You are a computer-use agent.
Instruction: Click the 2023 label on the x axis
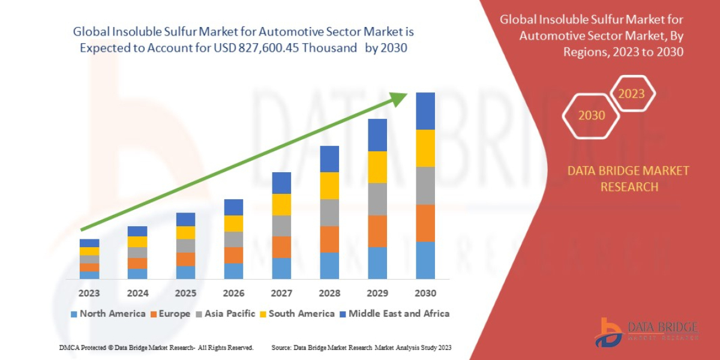89,293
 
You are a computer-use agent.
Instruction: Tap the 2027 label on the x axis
281,293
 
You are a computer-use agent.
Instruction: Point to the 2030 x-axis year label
425,293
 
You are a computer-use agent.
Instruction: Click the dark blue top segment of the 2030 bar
425,111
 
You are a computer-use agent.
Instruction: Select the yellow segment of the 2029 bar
377,167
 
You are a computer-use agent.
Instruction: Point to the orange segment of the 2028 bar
329,239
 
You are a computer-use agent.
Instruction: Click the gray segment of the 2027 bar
281,226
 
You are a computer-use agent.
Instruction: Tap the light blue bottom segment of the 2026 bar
233,271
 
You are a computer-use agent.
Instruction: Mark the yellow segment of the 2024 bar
137,242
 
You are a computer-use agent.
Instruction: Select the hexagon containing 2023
631,94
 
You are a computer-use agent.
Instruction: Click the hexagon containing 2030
591,115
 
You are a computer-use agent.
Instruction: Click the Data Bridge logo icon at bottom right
608,332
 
